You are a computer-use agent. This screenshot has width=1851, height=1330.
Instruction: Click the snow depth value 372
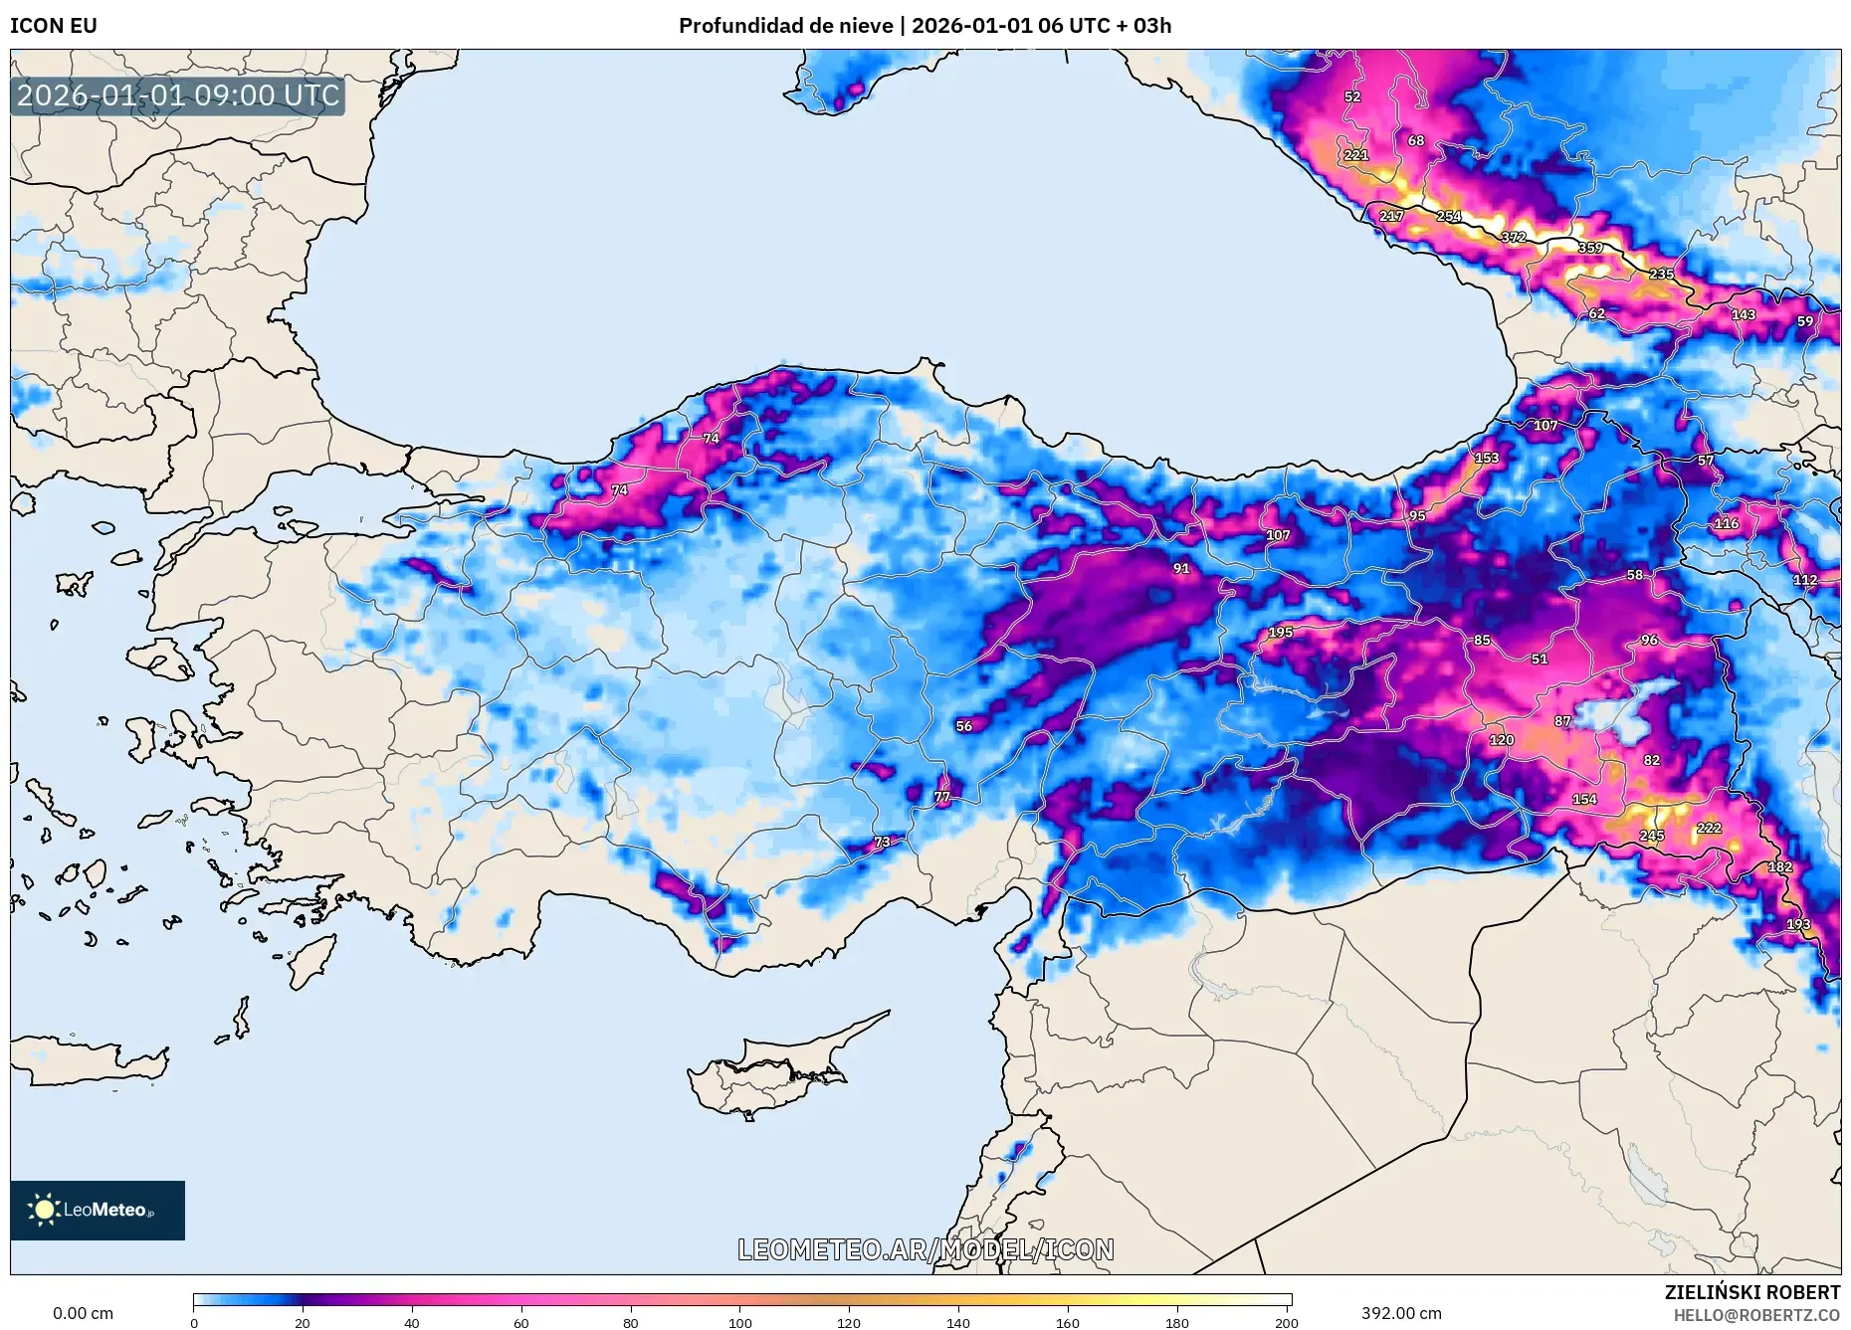click(x=1514, y=237)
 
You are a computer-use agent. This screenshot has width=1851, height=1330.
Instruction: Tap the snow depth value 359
click(x=1590, y=248)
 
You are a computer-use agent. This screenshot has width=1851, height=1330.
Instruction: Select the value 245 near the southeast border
click(x=1652, y=836)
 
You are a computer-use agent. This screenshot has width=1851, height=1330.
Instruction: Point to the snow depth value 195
click(x=1281, y=632)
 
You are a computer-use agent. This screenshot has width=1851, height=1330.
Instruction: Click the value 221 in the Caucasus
click(x=1356, y=155)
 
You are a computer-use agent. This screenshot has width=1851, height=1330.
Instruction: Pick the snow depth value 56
click(x=963, y=726)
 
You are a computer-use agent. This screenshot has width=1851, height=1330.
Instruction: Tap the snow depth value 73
click(x=882, y=842)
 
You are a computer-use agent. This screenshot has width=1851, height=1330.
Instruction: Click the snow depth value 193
click(x=1798, y=924)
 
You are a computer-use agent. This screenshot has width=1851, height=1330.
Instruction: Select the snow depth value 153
click(x=1487, y=459)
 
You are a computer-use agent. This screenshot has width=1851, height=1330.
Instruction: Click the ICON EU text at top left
click(x=54, y=26)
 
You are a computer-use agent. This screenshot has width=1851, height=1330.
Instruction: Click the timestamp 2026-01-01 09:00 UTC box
click(x=178, y=95)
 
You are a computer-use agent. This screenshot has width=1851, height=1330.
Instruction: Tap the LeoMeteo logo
click(x=98, y=1210)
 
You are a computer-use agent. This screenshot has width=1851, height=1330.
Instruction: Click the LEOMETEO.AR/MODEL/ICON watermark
click(x=925, y=1249)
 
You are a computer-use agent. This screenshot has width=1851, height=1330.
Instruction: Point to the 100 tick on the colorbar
click(x=739, y=1322)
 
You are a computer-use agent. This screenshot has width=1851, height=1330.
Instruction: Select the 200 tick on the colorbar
click(x=1286, y=1322)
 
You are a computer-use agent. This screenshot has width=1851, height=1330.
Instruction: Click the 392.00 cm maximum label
click(x=1401, y=1313)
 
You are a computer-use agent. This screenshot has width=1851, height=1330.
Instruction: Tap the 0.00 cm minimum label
click(x=83, y=1313)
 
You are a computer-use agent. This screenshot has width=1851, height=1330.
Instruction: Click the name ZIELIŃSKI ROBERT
click(x=1752, y=1292)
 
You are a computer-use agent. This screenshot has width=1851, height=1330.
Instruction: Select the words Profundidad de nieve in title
click(x=785, y=26)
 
